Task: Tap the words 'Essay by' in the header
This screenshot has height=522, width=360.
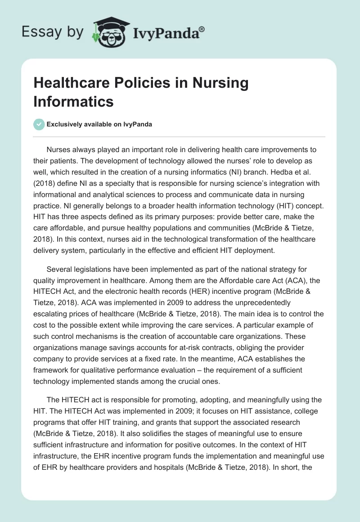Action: (53, 31)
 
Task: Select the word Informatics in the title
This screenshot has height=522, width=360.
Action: (73, 101)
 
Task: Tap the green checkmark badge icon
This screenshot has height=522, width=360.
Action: (39, 124)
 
